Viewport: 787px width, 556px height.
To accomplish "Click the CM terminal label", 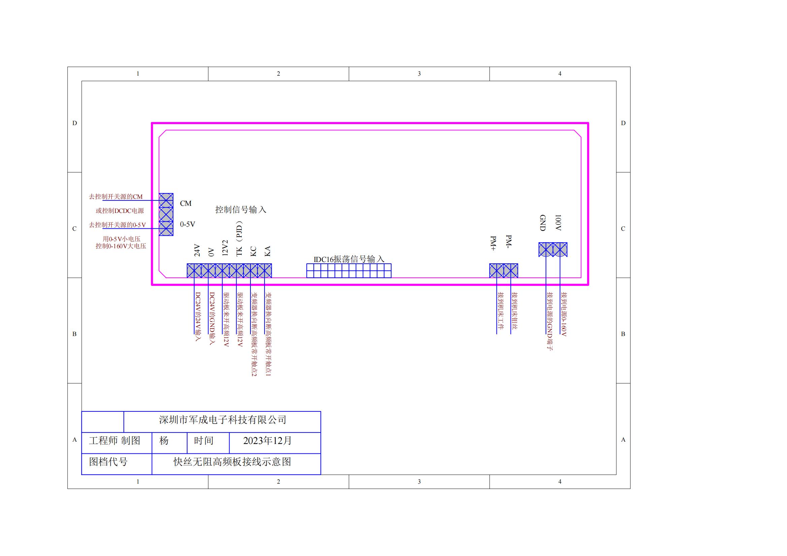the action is tap(186, 203).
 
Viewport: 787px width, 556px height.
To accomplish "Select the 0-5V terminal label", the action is tap(187, 224).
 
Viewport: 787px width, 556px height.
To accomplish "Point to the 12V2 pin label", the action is tap(225, 248).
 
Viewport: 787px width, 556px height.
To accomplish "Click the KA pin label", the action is tap(268, 251).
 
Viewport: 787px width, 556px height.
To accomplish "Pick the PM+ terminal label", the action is tap(493, 244).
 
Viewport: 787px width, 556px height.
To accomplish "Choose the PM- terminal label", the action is tap(509, 242).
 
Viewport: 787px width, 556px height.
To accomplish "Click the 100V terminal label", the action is tap(558, 223).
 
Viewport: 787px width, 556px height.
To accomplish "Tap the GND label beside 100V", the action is tap(543, 223).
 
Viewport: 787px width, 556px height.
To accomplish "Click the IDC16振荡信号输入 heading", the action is tap(349, 259).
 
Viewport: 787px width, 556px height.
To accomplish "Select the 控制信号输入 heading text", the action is tap(241, 210).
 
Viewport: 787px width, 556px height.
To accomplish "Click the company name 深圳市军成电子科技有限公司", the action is tap(223, 420).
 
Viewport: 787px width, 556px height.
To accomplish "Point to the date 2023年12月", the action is tap(267, 441).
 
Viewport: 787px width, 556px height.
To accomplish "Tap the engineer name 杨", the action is tap(164, 441).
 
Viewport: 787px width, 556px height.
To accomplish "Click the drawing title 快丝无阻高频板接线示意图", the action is tap(232, 462).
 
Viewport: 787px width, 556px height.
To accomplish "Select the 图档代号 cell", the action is tap(108, 462).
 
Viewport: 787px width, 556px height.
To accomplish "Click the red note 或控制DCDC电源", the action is tap(119, 211).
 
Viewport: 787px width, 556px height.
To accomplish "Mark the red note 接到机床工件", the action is tap(501, 311).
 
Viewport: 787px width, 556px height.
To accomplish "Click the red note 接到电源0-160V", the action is tap(563, 314).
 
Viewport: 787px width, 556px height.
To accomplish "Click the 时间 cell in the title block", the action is tap(204, 441).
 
